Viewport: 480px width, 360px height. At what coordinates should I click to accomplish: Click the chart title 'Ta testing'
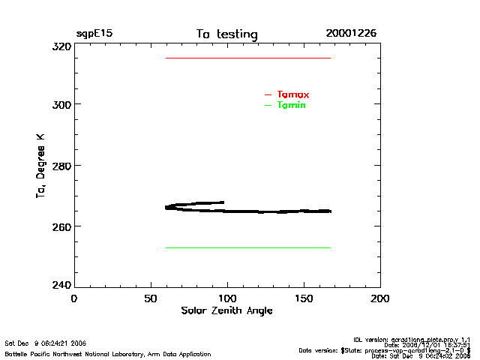click(226, 34)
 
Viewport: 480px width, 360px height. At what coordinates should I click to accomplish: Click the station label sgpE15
click(94, 34)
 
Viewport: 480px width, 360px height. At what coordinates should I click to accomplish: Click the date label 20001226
click(351, 34)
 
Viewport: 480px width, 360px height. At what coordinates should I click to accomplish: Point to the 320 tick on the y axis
click(60, 46)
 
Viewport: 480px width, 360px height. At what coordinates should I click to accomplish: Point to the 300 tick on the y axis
click(60, 104)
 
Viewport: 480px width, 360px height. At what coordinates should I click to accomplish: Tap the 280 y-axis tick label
click(60, 165)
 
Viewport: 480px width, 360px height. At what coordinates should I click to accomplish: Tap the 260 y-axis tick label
click(60, 226)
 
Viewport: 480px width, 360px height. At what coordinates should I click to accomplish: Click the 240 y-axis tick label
click(60, 286)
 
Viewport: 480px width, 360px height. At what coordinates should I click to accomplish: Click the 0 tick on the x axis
click(73, 298)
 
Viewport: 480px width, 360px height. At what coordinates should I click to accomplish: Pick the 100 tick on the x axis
click(227, 298)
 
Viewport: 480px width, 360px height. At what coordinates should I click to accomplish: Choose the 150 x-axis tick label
click(304, 298)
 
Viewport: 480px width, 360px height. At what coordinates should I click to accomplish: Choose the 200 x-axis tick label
click(380, 298)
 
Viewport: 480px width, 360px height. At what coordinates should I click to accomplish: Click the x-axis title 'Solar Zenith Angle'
click(226, 310)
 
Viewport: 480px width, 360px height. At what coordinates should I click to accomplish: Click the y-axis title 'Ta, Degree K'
click(41, 166)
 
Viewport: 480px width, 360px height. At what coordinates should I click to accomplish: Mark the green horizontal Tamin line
click(247, 247)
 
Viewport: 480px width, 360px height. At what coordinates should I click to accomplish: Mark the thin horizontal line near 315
click(247, 58)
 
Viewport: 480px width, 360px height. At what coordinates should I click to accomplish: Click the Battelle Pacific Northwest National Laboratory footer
click(108, 353)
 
